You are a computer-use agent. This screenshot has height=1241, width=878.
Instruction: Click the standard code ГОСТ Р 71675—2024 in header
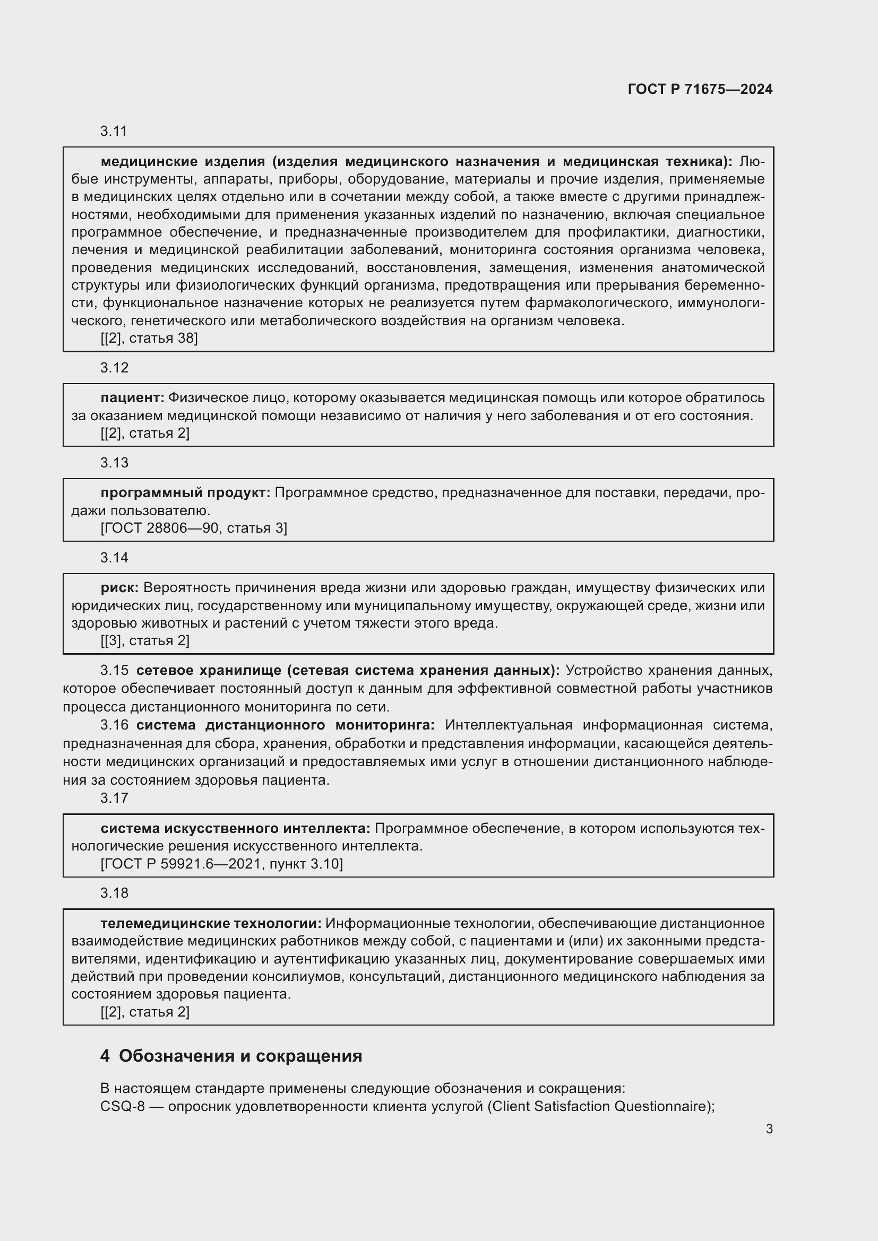700,89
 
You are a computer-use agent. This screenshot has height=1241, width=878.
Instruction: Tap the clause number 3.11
114,132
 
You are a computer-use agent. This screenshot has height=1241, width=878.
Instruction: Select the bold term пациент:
133,398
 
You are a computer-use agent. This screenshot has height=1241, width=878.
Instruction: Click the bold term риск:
119,587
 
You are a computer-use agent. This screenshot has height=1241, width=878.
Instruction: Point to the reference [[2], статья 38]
149,339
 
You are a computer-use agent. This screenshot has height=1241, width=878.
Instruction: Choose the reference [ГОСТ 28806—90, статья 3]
194,528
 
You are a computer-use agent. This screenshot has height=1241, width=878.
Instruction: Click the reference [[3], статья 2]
145,640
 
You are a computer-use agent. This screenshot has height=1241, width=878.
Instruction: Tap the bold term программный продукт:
185,492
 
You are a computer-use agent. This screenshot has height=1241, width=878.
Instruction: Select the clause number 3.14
114,558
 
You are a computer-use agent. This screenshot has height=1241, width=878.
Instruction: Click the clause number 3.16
114,725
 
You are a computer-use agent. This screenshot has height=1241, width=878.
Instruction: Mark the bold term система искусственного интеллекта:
235,828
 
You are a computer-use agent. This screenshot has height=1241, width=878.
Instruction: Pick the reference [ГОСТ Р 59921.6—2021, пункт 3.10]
222,864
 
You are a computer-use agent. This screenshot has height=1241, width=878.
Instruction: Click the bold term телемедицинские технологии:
211,923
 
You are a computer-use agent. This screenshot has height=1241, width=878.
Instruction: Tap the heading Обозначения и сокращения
240,1056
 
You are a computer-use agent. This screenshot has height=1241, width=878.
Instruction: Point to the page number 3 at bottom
769,1129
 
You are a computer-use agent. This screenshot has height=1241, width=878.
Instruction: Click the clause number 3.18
114,893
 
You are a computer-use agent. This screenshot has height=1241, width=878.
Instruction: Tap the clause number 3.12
114,368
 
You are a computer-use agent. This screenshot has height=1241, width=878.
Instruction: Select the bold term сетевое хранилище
208,671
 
